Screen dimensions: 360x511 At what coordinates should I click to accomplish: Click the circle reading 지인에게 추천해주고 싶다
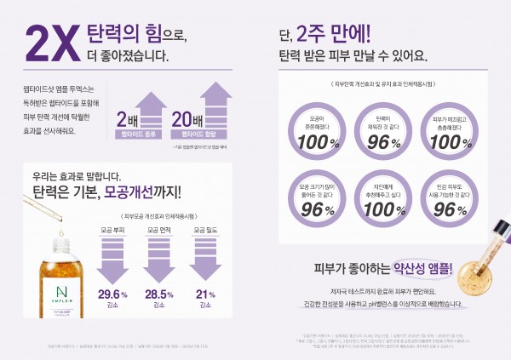point(376,196)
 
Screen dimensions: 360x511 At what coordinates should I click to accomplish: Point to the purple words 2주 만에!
point(334,36)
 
